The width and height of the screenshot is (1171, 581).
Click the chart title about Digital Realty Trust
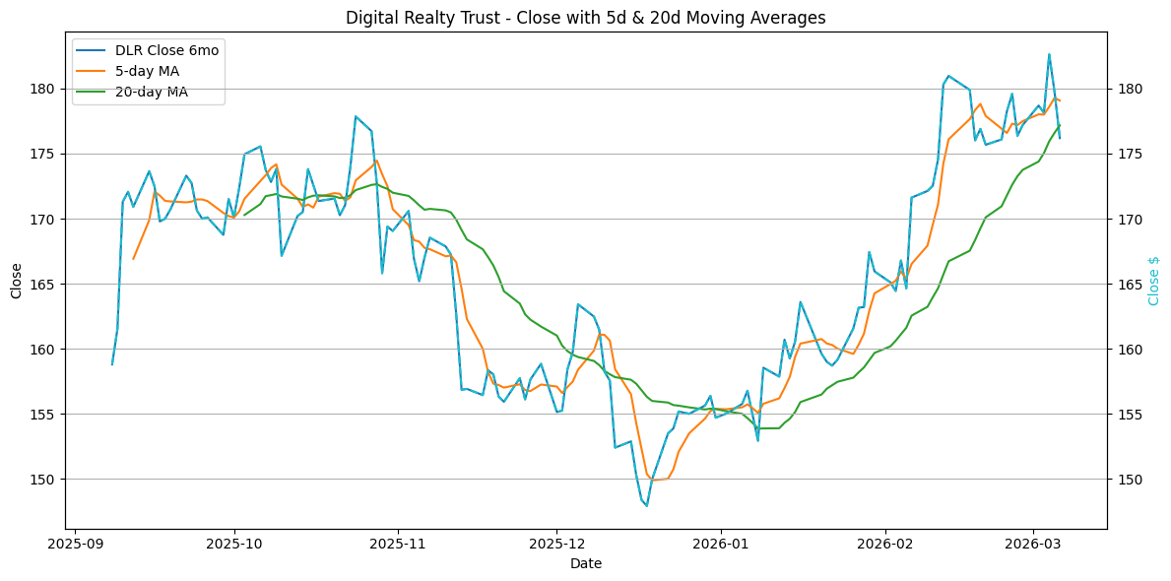[585, 18]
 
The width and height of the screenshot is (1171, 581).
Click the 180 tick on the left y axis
[47, 89]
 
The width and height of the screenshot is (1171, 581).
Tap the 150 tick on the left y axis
[47, 480]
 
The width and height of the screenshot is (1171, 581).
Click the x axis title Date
[585, 563]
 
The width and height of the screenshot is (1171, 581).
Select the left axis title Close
[17, 280]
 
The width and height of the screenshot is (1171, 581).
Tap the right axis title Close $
[1154, 280]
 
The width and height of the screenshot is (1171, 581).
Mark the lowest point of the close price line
[647, 506]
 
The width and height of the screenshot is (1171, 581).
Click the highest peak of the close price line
[1049, 54]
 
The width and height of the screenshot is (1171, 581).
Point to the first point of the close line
[112, 364]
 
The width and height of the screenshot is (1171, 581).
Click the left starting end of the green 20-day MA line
[244, 215]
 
